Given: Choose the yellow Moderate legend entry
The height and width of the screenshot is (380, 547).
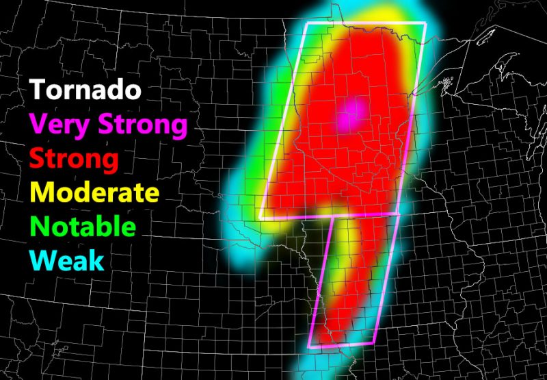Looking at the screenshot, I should (x=95, y=192).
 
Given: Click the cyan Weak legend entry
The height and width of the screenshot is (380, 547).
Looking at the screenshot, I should (x=68, y=260).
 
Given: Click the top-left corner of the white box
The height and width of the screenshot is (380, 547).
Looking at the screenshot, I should (x=306, y=23).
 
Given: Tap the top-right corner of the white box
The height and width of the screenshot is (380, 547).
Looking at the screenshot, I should (x=425, y=24).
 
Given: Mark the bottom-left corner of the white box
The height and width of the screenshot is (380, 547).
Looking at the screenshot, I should (x=260, y=218).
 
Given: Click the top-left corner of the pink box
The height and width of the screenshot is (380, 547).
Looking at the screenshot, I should (x=332, y=217).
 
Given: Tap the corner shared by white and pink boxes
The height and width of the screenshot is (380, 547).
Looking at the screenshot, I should (x=399, y=214).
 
